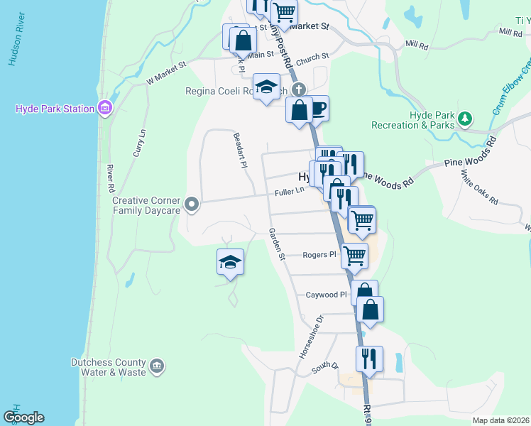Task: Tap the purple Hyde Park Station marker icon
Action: [x=105, y=109]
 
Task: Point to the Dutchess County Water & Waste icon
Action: [x=158, y=366]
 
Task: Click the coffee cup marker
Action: [x=317, y=109]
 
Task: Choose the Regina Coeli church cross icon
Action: [x=300, y=90]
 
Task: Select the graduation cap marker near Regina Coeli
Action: [x=266, y=87]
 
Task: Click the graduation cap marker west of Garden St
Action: [x=230, y=262]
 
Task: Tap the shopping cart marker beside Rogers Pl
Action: [x=354, y=255]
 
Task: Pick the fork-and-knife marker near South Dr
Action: [x=369, y=359]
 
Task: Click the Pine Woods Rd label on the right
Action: [x=469, y=160]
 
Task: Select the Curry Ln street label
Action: [x=139, y=143]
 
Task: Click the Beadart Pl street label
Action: [x=239, y=149]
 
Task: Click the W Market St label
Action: [x=165, y=73]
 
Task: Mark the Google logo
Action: [x=23, y=417]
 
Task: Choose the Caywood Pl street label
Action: [x=326, y=295]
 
